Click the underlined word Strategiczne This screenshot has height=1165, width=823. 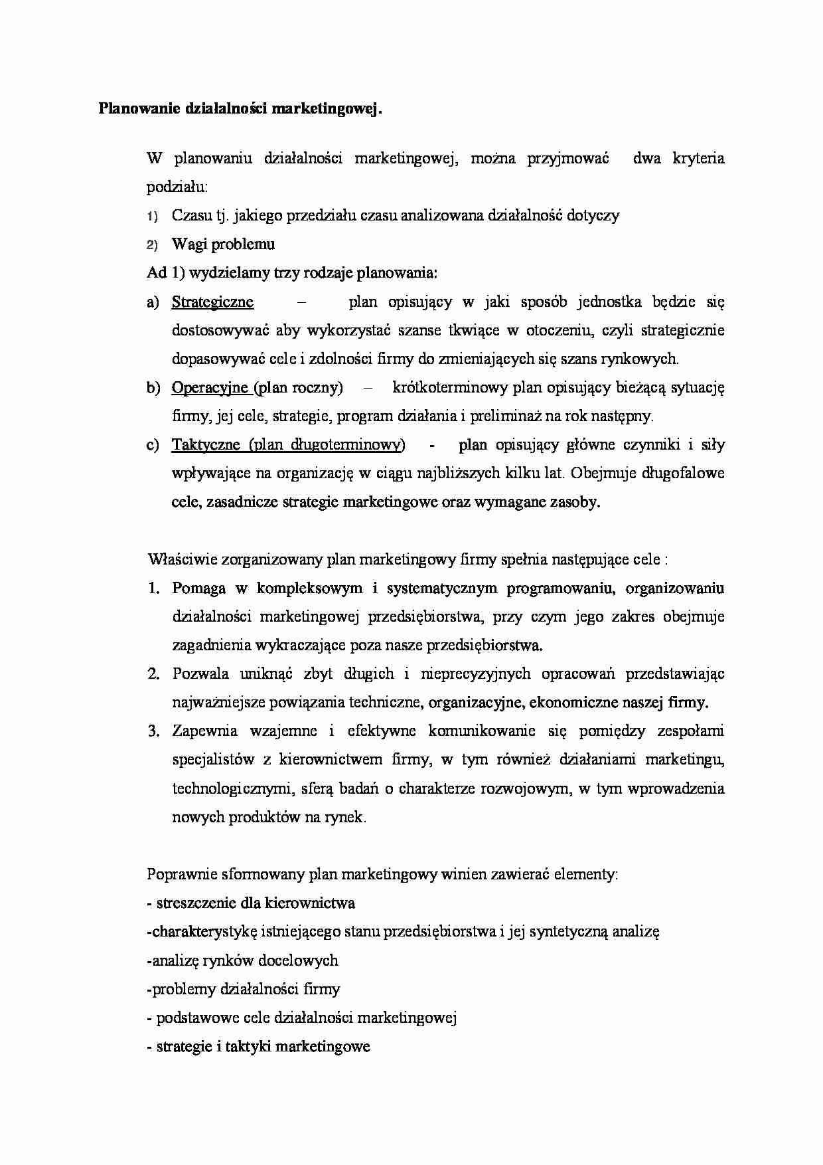tap(212, 302)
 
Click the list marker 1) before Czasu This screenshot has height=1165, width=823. tap(152, 217)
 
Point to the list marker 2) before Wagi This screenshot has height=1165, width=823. tap(152, 245)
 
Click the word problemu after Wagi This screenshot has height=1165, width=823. tap(243, 244)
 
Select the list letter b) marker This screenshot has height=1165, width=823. tap(153, 388)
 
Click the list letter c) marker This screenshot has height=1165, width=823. tap(153, 445)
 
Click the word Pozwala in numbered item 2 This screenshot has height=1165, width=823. tap(200, 674)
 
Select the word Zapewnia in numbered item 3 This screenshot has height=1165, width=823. tap(204, 731)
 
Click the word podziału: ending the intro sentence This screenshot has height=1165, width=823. tap(177, 188)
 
